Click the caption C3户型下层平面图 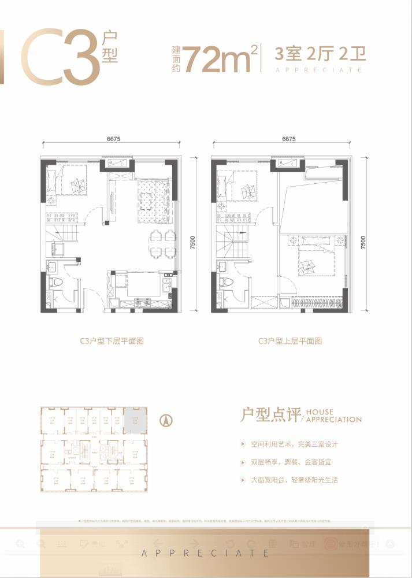pyautogui.click(x=112, y=342)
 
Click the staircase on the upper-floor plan pyautogui.click(x=231, y=242)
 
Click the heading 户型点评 pyautogui.click(x=269, y=415)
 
